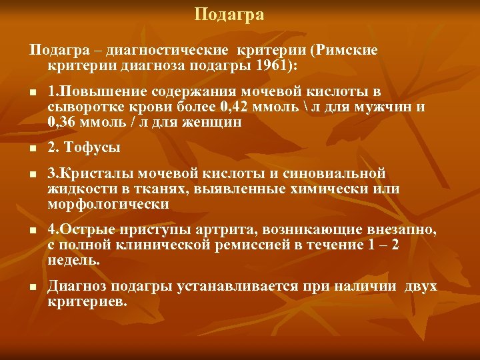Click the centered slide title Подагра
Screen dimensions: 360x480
pos(229,15)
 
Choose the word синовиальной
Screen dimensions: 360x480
pos(339,173)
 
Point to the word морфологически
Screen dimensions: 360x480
pos(108,203)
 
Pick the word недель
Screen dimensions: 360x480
pos(74,260)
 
